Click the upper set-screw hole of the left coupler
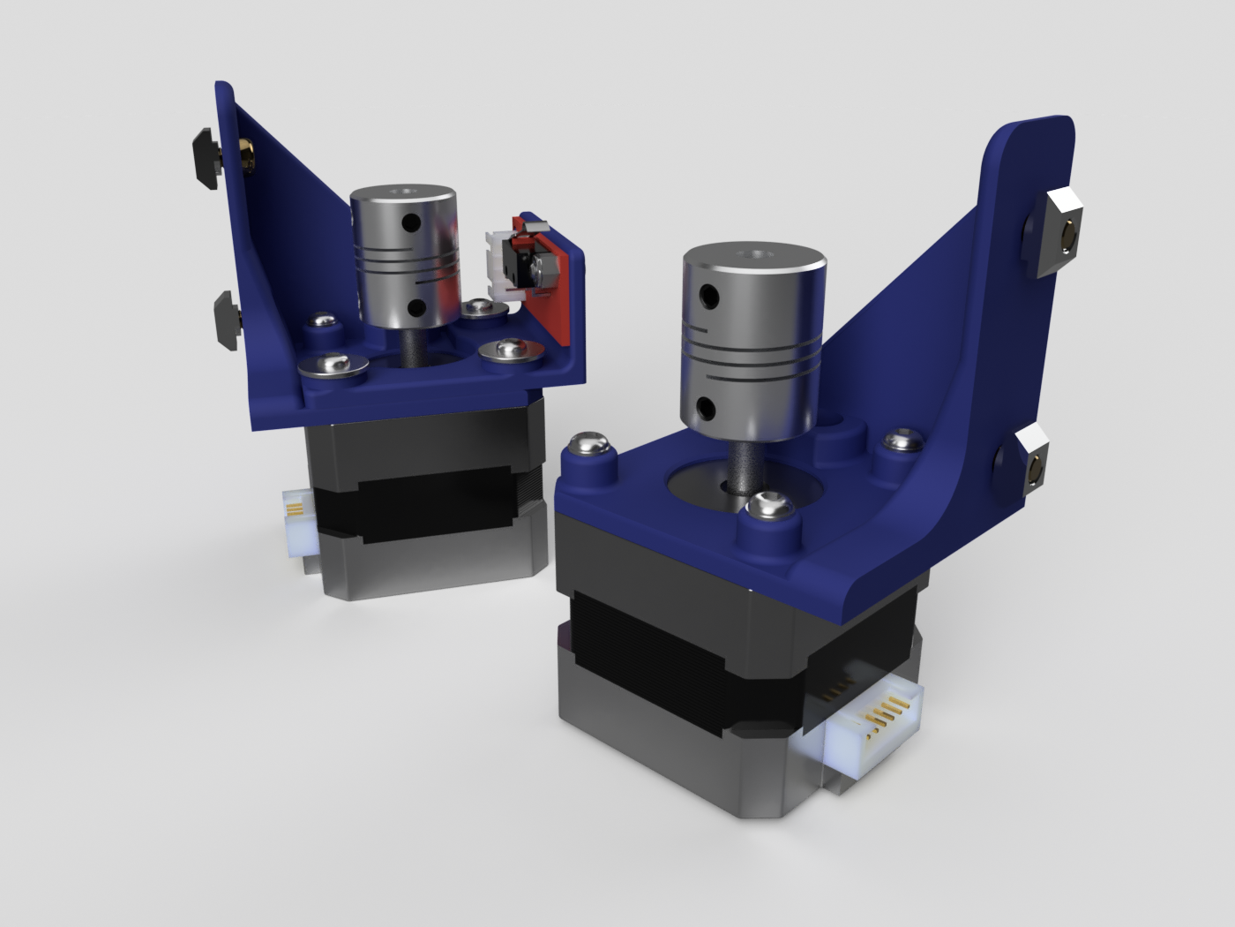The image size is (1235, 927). pos(409,223)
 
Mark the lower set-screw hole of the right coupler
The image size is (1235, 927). pos(705,408)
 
